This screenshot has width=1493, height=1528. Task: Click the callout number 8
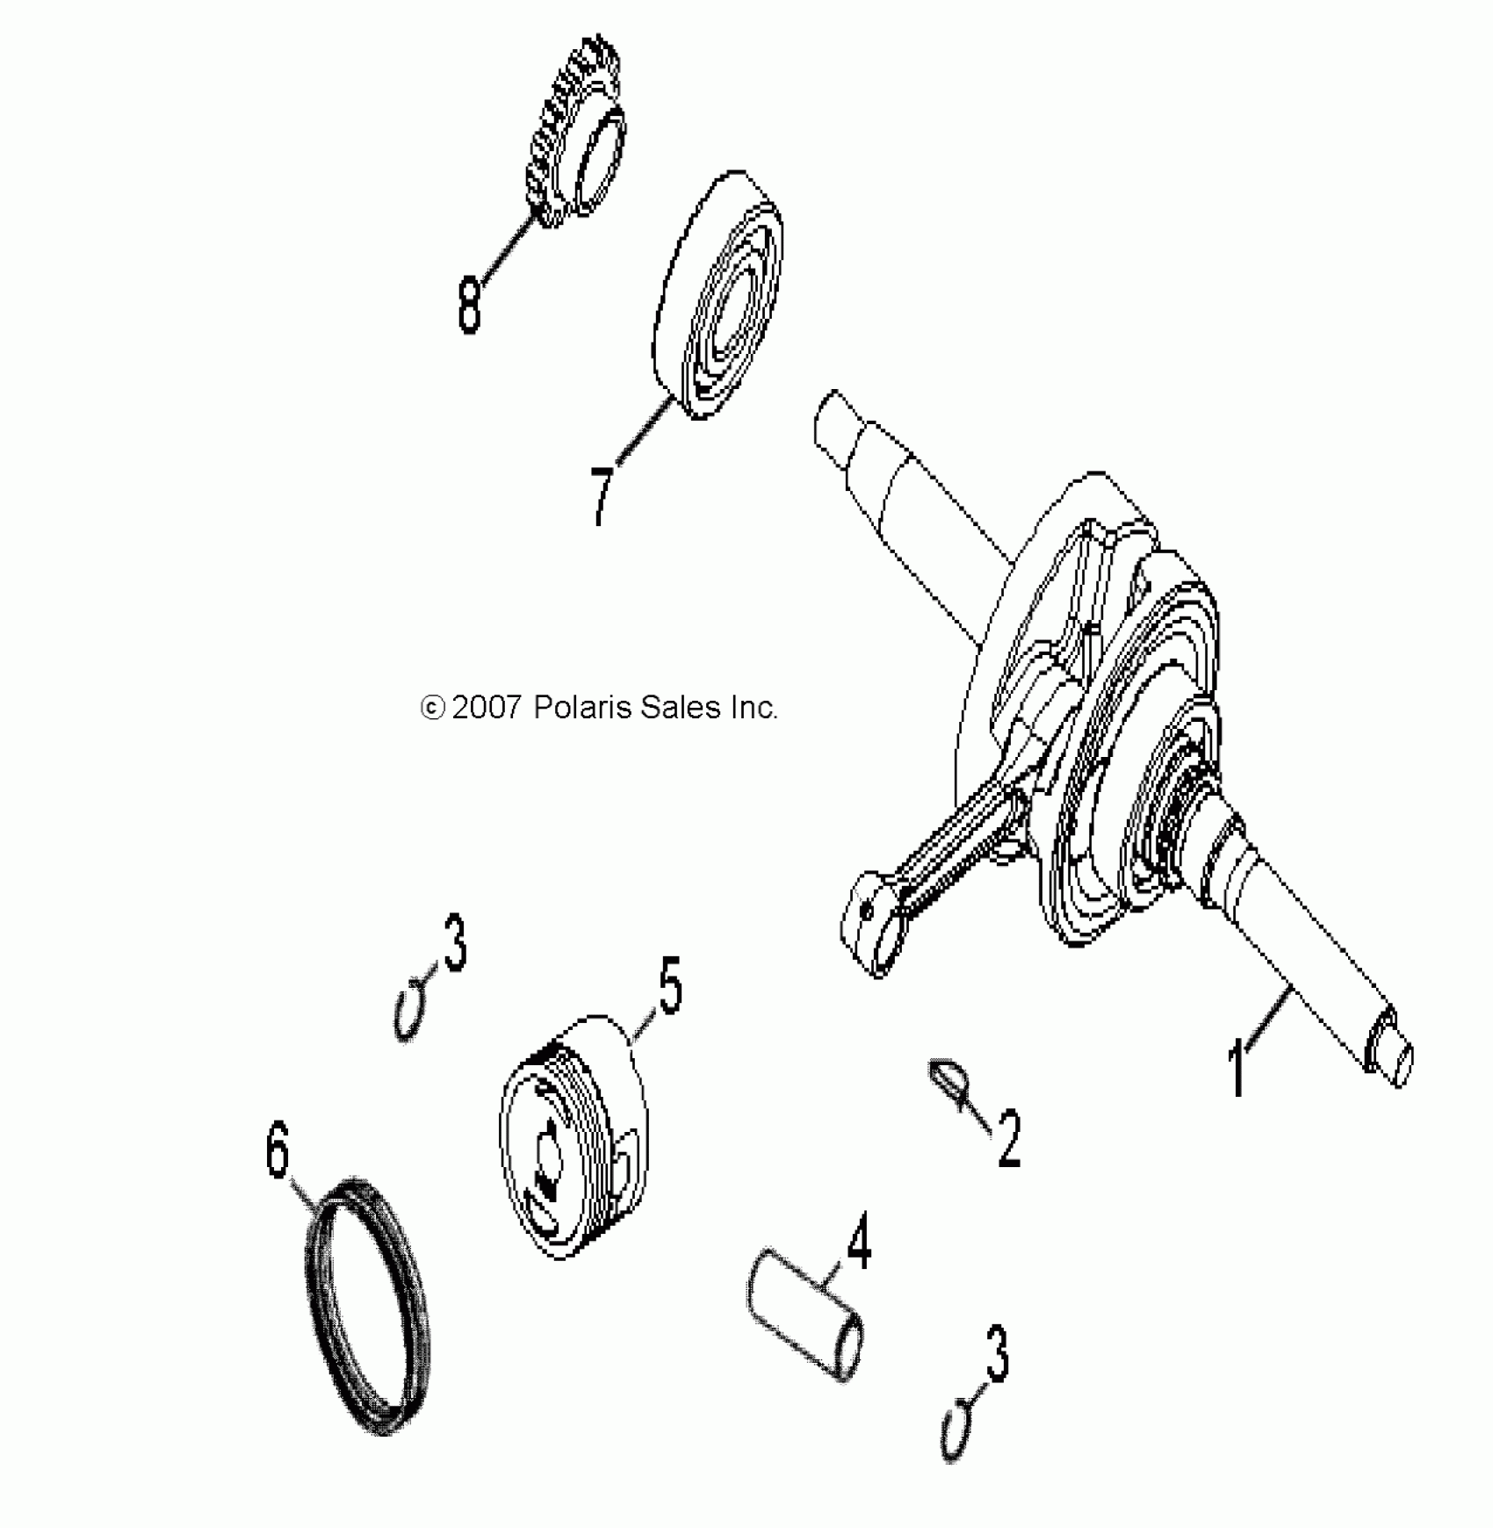(x=470, y=304)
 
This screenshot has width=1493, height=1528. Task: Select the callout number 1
(x=1237, y=1066)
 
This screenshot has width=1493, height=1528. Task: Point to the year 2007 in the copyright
(x=487, y=708)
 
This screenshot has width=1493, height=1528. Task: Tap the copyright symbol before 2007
(x=432, y=708)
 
